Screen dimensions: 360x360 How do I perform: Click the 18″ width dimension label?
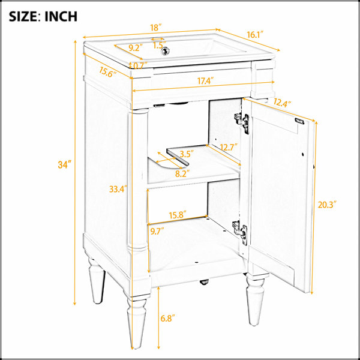[156, 28]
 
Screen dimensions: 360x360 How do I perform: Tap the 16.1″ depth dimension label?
[254, 35]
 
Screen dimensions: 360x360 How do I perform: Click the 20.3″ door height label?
[327, 205]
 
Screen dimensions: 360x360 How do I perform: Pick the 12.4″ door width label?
[282, 103]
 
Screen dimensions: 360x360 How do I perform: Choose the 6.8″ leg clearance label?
[167, 318]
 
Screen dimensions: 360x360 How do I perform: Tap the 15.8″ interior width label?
[178, 215]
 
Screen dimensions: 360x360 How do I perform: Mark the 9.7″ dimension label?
[157, 232]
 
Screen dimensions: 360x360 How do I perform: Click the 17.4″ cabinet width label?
[205, 81]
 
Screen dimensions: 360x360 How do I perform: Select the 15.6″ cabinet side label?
[107, 71]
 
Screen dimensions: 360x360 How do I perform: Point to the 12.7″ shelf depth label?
[229, 147]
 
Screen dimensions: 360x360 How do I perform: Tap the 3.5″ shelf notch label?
[187, 154]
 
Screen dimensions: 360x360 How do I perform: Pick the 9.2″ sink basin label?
[136, 48]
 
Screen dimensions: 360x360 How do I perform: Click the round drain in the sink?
[164, 51]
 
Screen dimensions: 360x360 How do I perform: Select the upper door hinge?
[242, 122]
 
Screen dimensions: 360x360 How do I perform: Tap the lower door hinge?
[240, 232]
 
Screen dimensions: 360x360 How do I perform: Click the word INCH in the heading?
[61, 17]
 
